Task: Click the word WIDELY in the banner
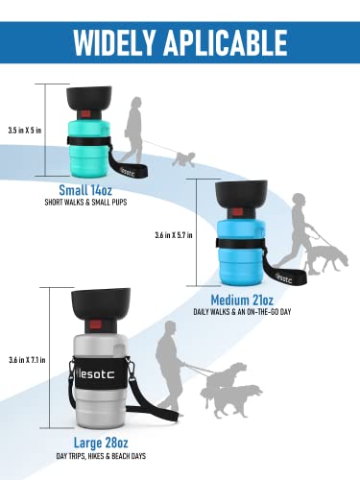tap(114, 42)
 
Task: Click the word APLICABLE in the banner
tap(226, 42)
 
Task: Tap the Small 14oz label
tap(85, 190)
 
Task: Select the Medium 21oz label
tap(242, 300)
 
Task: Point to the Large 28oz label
tap(101, 443)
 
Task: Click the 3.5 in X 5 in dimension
tap(25, 131)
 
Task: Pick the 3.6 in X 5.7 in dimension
tap(174, 235)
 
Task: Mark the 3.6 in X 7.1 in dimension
tap(27, 360)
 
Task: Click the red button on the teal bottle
tap(85, 113)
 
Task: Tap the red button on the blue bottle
tap(237, 212)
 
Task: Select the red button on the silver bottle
tap(95, 324)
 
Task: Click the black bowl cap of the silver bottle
tap(101, 303)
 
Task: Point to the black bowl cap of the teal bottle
tap(89, 98)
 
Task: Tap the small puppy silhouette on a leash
tap(183, 159)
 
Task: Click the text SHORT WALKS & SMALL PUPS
tap(85, 203)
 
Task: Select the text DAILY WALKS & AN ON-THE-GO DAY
tap(242, 312)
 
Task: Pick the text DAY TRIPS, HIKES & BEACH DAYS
tap(101, 456)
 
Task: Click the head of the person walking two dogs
tap(171, 329)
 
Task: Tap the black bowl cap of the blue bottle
tap(241, 194)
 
